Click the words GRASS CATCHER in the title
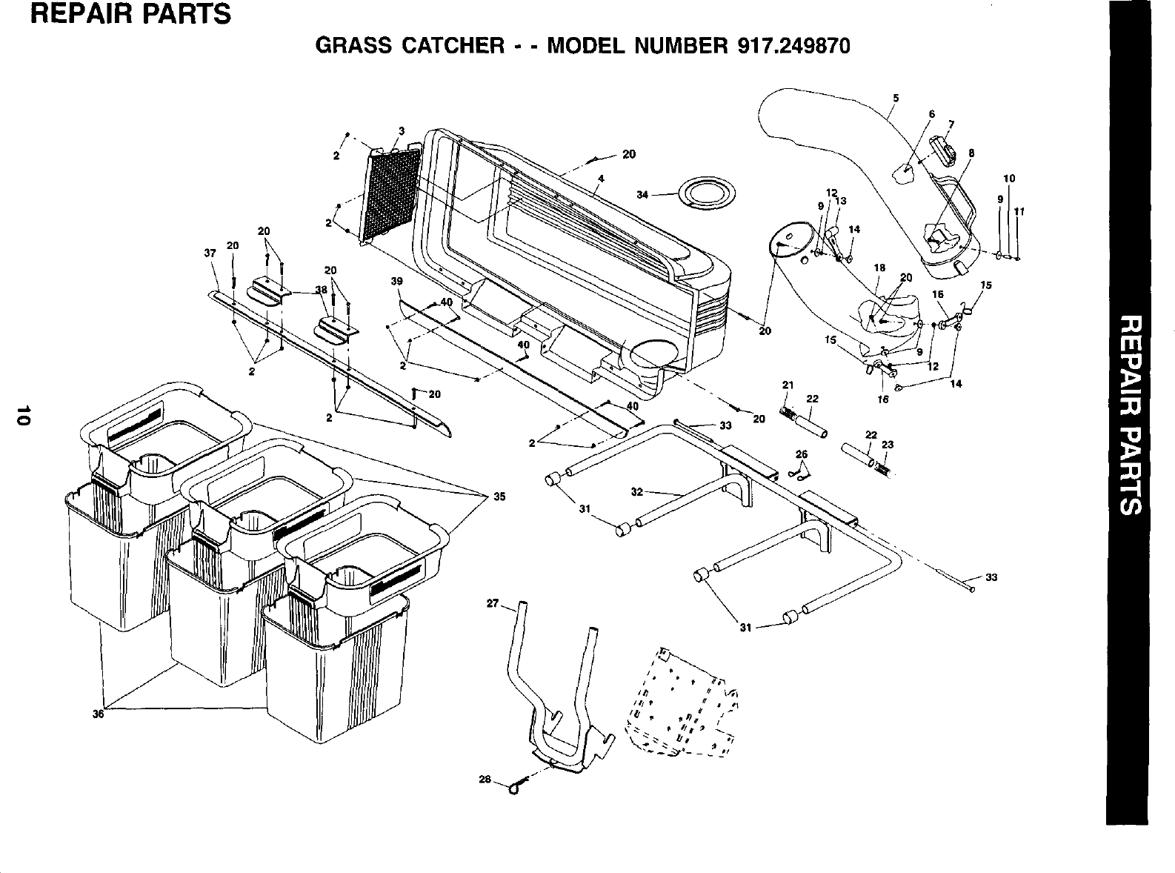pos(410,45)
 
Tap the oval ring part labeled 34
pos(710,192)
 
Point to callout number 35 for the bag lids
pos(499,497)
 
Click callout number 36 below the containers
pos(97,714)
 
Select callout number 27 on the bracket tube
pos(492,603)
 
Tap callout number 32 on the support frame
pos(636,491)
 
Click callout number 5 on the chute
pos(896,98)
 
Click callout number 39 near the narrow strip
pos(396,282)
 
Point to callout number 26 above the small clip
pos(801,454)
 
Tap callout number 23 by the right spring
pos(888,445)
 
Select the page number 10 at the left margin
pos(24,416)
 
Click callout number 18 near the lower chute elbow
pos(879,268)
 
